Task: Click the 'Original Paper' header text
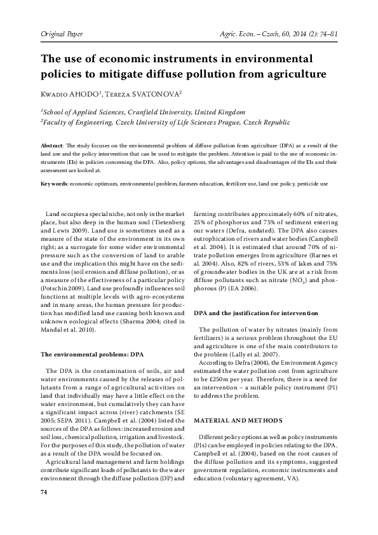63,32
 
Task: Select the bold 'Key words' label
54,183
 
